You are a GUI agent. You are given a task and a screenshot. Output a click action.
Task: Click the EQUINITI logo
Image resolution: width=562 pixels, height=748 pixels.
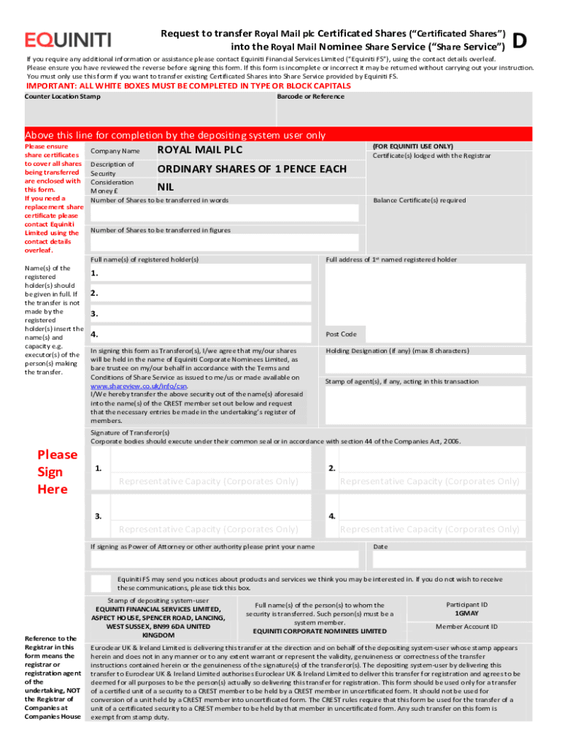[68, 39]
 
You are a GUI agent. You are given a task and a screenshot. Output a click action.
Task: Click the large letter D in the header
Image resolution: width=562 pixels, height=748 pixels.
[520, 42]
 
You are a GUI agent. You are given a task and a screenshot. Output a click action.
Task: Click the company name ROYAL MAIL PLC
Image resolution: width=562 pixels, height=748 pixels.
[200, 150]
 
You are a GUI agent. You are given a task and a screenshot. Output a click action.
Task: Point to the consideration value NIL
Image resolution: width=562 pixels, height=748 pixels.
[166, 187]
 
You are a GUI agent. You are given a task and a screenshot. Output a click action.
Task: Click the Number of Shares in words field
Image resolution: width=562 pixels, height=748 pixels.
[224, 213]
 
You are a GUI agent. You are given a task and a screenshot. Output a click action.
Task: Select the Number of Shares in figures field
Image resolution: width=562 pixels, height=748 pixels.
[224, 243]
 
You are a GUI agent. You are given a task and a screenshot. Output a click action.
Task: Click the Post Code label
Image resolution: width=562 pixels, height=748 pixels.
[341, 334]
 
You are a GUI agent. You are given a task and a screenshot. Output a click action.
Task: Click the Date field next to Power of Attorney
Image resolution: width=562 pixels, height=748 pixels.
[447, 559]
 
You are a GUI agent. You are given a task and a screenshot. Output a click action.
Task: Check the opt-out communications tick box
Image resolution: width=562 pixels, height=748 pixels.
[101, 583]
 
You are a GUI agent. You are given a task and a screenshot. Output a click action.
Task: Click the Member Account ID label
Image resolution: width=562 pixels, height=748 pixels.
[466, 627]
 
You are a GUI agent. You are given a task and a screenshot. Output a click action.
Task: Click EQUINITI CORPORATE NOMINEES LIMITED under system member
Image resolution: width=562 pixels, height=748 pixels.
[320, 630]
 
